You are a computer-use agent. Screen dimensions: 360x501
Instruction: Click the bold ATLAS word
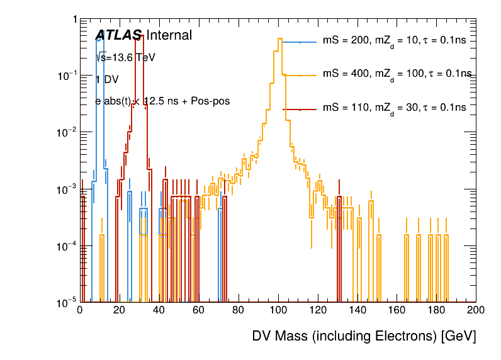(x=118, y=36)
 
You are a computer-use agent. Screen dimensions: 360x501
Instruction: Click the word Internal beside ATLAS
(x=169, y=36)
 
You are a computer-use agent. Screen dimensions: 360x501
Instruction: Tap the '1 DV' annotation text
(x=107, y=79)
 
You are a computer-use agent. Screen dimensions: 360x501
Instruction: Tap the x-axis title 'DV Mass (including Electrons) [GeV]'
(x=364, y=336)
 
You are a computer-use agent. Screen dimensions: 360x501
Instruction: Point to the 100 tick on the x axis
(x=278, y=310)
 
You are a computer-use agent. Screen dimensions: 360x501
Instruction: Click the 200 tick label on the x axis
(x=475, y=310)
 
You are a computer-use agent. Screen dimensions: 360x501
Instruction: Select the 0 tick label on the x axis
(x=80, y=310)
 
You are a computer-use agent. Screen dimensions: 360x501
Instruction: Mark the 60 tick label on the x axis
(x=199, y=310)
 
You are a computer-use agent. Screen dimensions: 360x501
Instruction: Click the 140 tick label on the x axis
(x=357, y=310)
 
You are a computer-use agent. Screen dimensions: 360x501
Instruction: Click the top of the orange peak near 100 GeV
(x=279, y=38)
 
